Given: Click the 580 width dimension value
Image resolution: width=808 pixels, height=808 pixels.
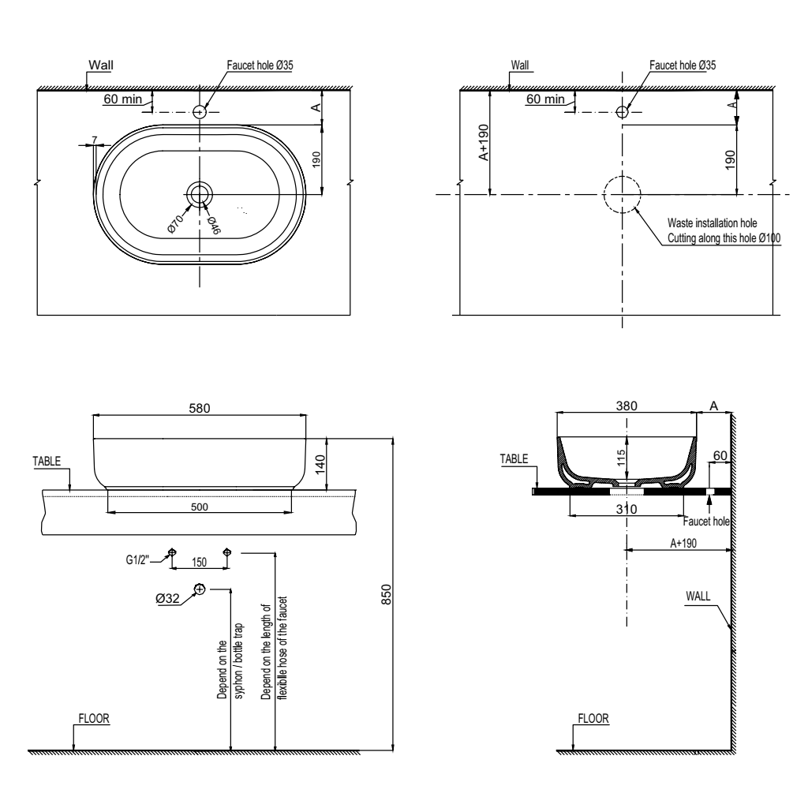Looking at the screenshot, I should (x=200, y=408).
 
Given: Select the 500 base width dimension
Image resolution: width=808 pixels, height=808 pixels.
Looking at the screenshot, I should (x=200, y=507).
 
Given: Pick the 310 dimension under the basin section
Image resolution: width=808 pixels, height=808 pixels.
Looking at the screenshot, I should (x=627, y=510).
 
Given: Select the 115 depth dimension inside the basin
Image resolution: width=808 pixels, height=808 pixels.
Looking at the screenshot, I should (x=621, y=457).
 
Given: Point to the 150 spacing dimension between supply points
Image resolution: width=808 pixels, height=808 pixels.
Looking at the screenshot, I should (x=200, y=563).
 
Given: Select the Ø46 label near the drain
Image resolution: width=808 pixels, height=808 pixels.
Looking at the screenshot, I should (x=213, y=223).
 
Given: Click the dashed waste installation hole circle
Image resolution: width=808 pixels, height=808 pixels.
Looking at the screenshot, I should (x=622, y=193).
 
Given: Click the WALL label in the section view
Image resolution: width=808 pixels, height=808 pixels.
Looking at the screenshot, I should (x=698, y=597).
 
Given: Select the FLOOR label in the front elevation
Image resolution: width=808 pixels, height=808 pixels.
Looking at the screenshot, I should (x=93, y=718).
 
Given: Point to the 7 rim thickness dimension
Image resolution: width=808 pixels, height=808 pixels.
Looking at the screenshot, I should (x=95, y=140).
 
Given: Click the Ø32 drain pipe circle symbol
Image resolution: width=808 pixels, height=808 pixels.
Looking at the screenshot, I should (x=200, y=589).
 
